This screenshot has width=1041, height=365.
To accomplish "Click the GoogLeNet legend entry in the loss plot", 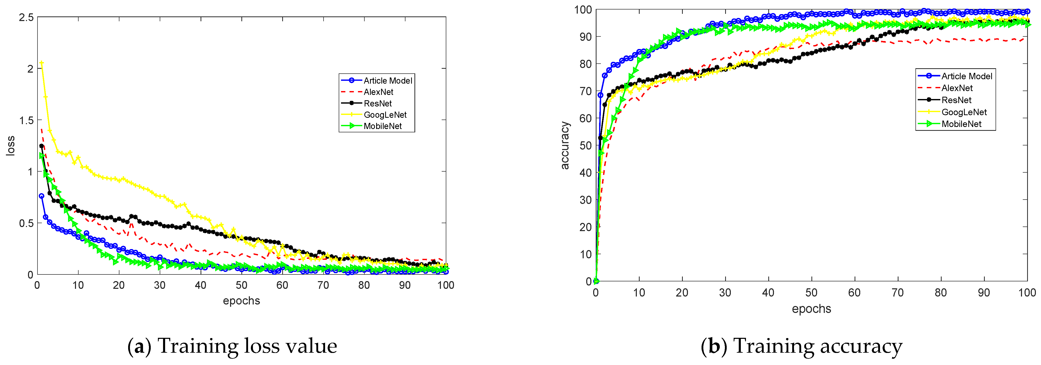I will coord(384,115).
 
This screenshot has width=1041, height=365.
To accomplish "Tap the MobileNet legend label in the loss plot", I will coord(382,126).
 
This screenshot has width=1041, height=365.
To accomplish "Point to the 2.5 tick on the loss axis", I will coord(26,17).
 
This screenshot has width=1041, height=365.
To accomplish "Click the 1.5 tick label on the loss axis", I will coord(26,120).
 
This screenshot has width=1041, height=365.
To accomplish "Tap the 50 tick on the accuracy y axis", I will coord(585,145).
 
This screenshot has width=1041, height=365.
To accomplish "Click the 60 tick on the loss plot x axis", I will coord(282,285).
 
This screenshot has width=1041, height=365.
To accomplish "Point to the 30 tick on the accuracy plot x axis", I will coord(725,293).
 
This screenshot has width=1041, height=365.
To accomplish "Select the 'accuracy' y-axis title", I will coord(565,145).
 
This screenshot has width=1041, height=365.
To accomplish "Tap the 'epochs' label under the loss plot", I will coord(241,300).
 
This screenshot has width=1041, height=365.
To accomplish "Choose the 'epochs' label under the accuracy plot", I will coord(811,309).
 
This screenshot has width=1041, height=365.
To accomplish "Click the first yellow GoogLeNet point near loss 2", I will coord(42,63).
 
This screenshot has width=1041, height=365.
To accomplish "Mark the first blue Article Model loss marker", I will coord(42,196).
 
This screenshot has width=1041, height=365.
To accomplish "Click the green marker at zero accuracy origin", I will coord(596,281).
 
